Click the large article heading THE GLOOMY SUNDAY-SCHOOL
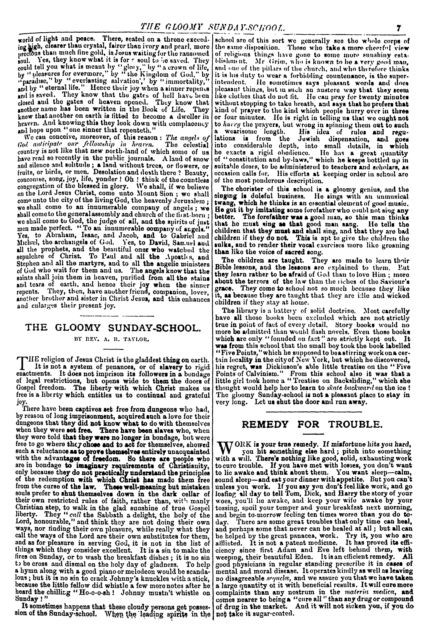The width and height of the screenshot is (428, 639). tap(115, 327)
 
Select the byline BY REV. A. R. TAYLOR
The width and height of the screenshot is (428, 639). tap(115, 340)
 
